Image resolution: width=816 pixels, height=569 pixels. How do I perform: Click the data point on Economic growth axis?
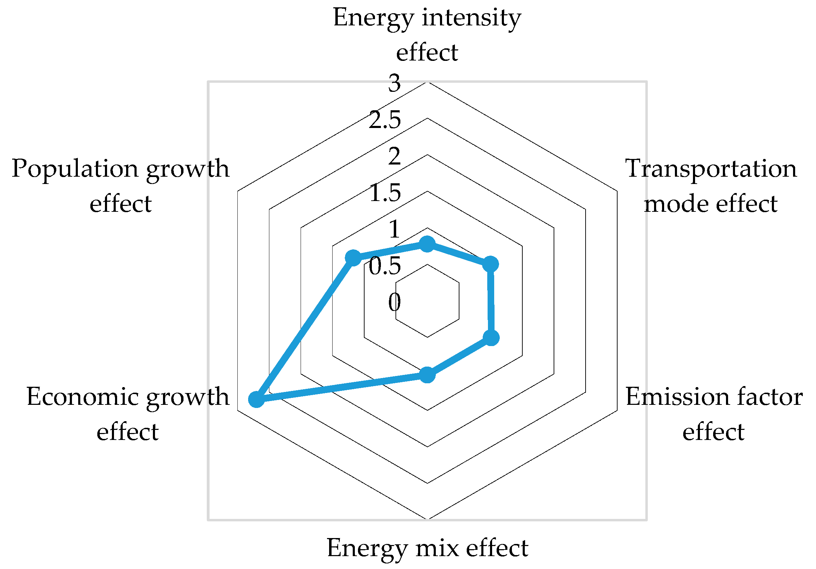256,399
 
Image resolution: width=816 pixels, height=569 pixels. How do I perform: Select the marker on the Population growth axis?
353,258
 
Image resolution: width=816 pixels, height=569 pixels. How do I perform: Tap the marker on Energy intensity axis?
427,244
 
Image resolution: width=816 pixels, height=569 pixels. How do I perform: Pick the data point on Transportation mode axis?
491,264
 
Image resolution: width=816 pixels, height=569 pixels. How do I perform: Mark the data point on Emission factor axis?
491,338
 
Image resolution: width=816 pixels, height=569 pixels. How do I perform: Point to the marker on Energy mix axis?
427,375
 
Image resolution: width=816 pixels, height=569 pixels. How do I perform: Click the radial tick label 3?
394,83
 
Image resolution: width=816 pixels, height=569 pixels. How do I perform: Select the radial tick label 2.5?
385,120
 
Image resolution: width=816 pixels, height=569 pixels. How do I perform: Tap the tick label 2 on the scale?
394,157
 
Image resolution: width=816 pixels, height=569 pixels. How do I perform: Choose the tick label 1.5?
385,193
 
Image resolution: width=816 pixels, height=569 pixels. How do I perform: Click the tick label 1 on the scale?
394,230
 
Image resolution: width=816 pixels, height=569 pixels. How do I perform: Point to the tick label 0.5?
385,266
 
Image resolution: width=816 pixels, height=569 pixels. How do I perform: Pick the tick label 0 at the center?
394,303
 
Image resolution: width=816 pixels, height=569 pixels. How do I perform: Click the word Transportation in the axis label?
711,169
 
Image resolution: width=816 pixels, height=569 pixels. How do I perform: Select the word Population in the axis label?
75,169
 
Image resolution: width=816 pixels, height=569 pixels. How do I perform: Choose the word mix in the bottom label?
437,548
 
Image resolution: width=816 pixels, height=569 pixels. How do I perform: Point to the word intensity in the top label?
471,18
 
